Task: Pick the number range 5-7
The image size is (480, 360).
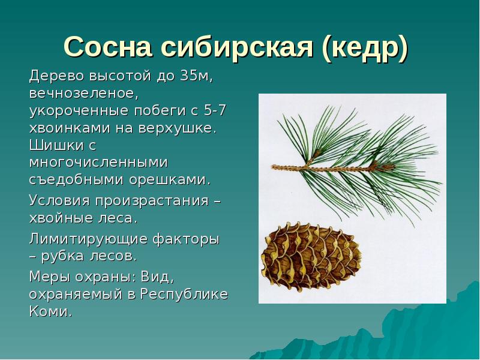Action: point(215,111)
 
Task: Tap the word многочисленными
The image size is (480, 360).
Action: point(98,163)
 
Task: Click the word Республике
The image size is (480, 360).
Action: point(185,294)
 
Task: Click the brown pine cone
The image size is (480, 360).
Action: point(310,258)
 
